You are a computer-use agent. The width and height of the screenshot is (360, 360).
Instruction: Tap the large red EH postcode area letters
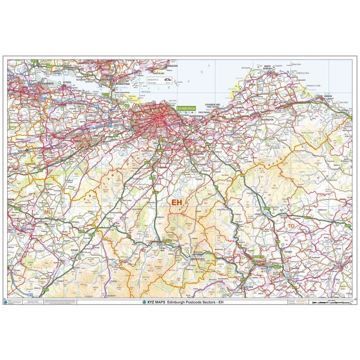pos(176,202)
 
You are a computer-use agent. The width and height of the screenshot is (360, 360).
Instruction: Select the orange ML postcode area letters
pos(48,211)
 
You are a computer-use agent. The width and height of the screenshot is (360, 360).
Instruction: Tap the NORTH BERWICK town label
pos(267,67)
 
